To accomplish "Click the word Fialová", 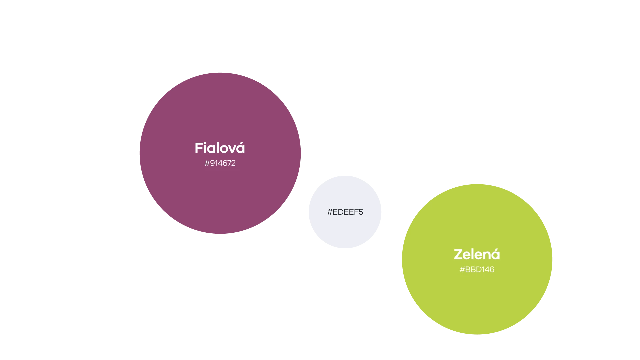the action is (220, 147).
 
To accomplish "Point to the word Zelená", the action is (477, 254).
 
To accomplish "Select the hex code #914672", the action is (220, 163).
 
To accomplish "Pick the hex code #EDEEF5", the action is (345, 212).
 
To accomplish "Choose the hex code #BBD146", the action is (477, 270).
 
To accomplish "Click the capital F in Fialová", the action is (199, 148).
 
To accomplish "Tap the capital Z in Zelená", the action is (458, 254).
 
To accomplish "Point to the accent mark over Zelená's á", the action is (496, 249).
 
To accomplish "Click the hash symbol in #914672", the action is (207, 163).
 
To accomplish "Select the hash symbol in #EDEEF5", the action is (330, 212).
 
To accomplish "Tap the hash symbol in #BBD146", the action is (462, 270).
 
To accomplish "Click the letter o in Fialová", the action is (222, 149).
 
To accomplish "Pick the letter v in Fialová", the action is (231, 149).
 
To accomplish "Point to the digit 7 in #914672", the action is (228, 163).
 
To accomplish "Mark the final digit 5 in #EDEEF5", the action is (361, 212).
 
